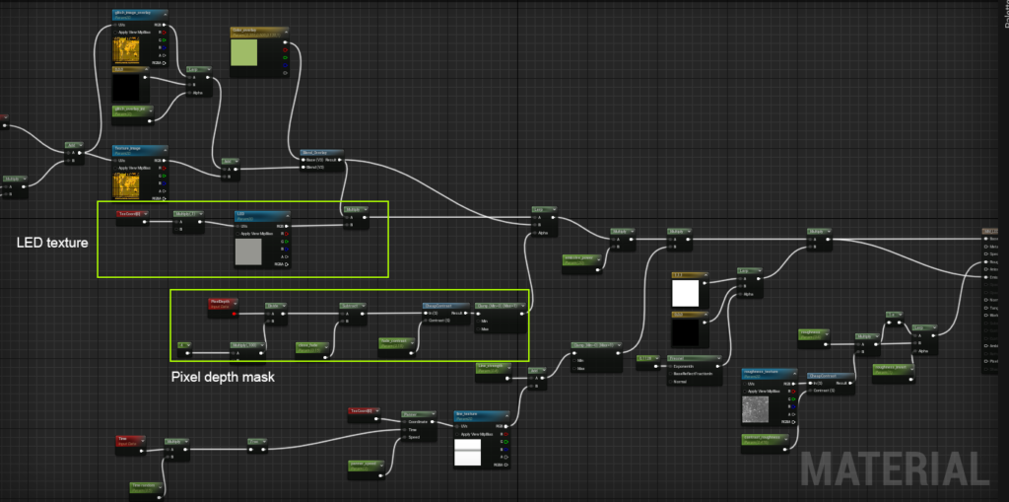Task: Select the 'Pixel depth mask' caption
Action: click(x=223, y=376)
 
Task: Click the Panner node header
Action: click(x=418, y=414)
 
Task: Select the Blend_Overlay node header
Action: click(x=321, y=153)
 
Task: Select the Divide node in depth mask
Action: click(x=276, y=307)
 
